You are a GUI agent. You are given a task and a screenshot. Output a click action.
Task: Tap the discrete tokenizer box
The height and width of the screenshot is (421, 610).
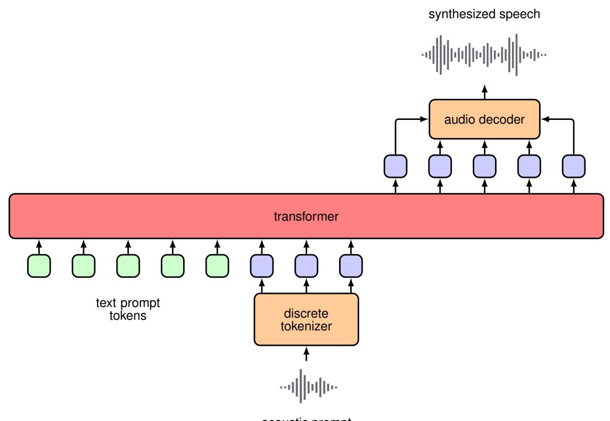(x=306, y=318)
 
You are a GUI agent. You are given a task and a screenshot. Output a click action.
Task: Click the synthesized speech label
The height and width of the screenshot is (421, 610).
(x=484, y=15)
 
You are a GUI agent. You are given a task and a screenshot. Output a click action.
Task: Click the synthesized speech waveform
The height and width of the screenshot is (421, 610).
(x=484, y=54)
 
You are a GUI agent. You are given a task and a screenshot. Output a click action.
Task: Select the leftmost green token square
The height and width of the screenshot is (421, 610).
(x=38, y=266)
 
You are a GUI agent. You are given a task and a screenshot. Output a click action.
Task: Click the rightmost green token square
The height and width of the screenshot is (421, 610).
(x=217, y=266)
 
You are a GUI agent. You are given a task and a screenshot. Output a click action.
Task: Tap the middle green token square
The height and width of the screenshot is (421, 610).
(x=128, y=266)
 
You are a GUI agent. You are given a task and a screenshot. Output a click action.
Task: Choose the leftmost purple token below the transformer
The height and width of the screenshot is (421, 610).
(x=261, y=266)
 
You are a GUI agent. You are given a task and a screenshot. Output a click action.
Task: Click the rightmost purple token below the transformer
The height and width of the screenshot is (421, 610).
(x=351, y=266)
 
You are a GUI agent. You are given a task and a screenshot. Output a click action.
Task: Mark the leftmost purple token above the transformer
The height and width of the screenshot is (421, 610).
(x=395, y=166)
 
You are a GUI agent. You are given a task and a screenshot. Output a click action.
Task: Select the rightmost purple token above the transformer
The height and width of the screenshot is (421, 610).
(x=574, y=166)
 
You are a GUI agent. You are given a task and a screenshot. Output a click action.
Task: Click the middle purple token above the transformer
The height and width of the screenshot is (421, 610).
(x=484, y=166)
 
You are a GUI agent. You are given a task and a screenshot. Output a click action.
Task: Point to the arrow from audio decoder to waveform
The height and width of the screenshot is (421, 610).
(x=484, y=91)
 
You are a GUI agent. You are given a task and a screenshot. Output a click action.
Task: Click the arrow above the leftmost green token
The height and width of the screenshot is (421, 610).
(x=38, y=247)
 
